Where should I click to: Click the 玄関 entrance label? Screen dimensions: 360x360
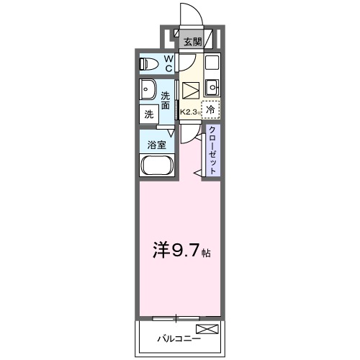(192, 42)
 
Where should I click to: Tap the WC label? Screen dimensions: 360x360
(168, 63)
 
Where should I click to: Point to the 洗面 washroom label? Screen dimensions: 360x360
(166, 100)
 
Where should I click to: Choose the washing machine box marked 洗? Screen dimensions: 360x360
(149, 113)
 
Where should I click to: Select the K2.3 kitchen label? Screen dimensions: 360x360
(189, 112)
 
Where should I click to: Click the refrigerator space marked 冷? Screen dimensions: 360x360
(210, 110)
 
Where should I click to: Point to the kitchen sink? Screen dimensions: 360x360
(211, 89)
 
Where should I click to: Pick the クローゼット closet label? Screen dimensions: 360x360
(214, 149)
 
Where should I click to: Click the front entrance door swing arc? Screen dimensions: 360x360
(189, 15)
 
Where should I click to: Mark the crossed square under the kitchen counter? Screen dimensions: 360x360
(191, 91)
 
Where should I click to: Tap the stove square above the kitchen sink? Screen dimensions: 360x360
(212, 63)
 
